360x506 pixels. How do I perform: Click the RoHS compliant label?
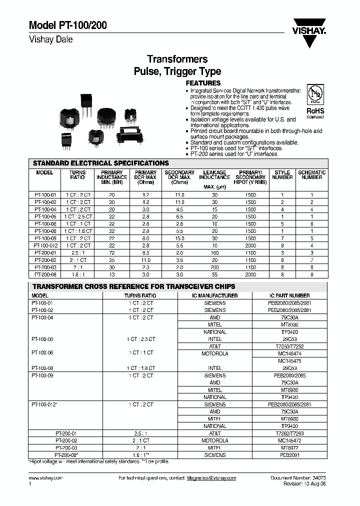tap(315, 112)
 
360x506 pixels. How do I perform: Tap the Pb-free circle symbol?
tap(315, 95)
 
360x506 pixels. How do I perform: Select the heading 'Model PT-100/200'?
tap(67, 26)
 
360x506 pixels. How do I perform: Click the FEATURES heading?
tap(203, 83)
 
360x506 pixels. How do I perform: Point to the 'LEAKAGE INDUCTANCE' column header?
tap(214, 174)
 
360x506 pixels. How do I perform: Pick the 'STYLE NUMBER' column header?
tap(282, 174)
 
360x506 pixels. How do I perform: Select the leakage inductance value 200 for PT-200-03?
tap(214, 267)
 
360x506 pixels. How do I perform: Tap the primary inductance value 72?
tap(112, 253)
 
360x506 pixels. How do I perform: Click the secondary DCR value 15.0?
tap(179, 239)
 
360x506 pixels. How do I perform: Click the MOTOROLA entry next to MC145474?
tap(215, 353)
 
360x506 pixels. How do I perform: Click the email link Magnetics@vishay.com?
tap(211, 478)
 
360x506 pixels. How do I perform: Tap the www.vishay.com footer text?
tap(46, 478)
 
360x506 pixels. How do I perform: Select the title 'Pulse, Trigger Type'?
tap(177, 71)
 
